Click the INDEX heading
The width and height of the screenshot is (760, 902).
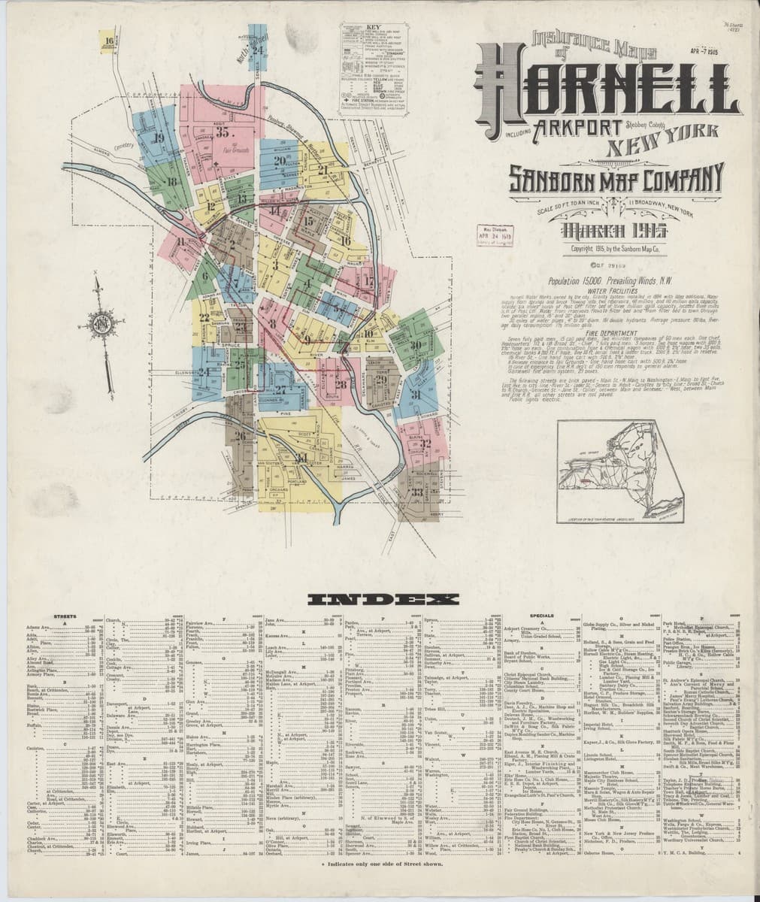click(x=383, y=599)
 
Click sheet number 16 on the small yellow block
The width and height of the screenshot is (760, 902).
click(x=110, y=41)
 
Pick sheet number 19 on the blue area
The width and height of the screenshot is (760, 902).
click(x=159, y=137)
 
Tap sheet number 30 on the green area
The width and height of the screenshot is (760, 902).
click(x=415, y=345)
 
